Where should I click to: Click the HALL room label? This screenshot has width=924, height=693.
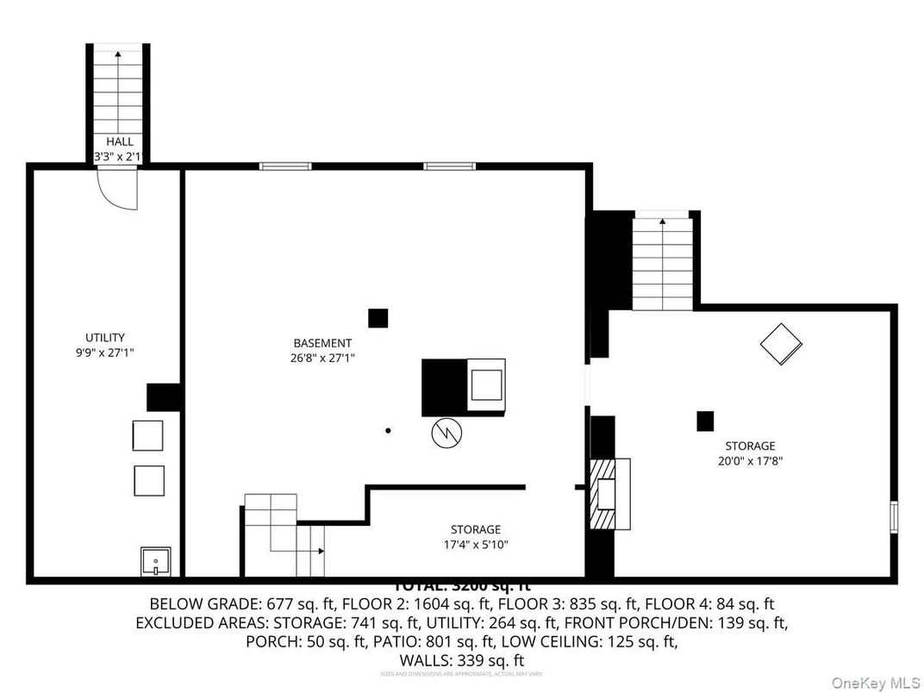click(x=119, y=141)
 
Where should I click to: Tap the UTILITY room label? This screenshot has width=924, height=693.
click(x=104, y=337)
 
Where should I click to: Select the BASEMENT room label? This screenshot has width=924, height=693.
click(x=322, y=342)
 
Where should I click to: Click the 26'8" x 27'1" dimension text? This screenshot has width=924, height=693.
click(x=322, y=357)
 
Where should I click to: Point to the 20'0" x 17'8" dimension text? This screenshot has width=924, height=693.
click(x=749, y=460)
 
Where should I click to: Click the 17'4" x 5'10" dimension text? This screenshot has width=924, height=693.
click(x=475, y=544)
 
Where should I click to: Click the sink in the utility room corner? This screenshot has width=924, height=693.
click(x=155, y=562)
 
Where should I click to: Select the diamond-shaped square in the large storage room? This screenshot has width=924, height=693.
click(x=781, y=343)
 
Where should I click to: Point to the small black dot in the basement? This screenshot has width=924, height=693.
click(x=388, y=430)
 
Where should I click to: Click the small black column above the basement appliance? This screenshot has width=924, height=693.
click(x=378, y=318)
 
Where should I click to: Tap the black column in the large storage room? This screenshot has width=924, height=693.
click(x=705, y=421)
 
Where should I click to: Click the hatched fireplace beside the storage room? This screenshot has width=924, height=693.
click(x=602, y=494)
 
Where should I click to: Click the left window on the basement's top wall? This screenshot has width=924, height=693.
click(x=285, y=165)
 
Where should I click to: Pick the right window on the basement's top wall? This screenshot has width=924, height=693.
click(x=448, y=165)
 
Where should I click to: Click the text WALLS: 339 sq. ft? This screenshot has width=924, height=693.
click(x=461, y=659)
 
